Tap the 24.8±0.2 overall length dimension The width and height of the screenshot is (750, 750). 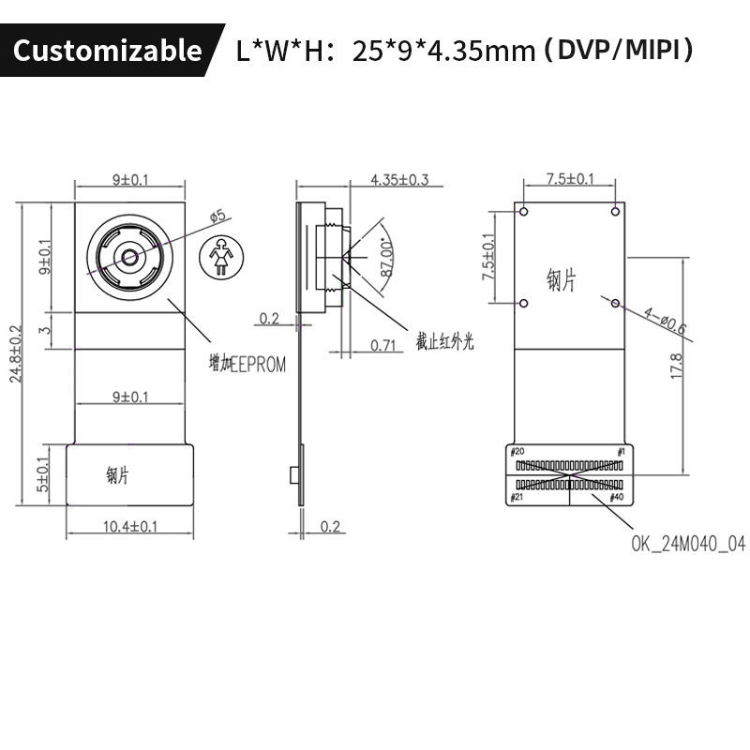click(x=16, y=354)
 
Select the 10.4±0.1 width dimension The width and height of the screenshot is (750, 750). click(x=130, y=527)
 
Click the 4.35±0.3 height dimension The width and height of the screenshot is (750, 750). click(x=400, y=180)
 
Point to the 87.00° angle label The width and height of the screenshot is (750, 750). click(x=386, y=259)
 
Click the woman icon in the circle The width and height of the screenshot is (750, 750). click(x=221, y=256)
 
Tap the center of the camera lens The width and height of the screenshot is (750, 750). click(x=129, y=257)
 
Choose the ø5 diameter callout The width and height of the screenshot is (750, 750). click(x=217, y=216)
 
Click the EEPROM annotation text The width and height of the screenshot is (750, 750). click(x=247, y=364)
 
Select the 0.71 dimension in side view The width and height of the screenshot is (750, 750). click(x=383, y=345)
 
